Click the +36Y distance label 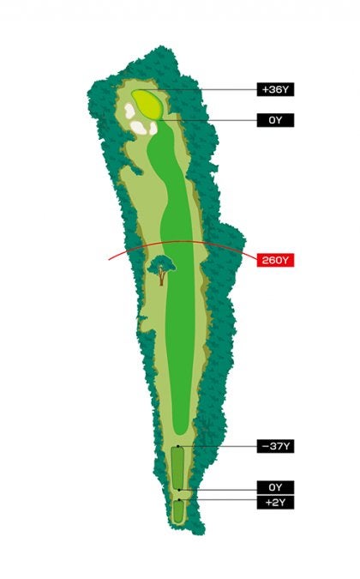pos(275,89)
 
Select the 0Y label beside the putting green pos(275,120)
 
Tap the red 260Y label pos(275,259)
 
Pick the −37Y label pos(275,446)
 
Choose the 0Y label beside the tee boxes pos(275,486)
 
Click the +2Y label pos(275,502)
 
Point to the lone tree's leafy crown pos(160,265)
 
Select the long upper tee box pos(178,467)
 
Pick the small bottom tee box pos(178,511)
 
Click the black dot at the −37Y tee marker pos(178,447)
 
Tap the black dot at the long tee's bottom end pos(178,487)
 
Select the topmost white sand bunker pos(131,111)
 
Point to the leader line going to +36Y pos(206,89)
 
